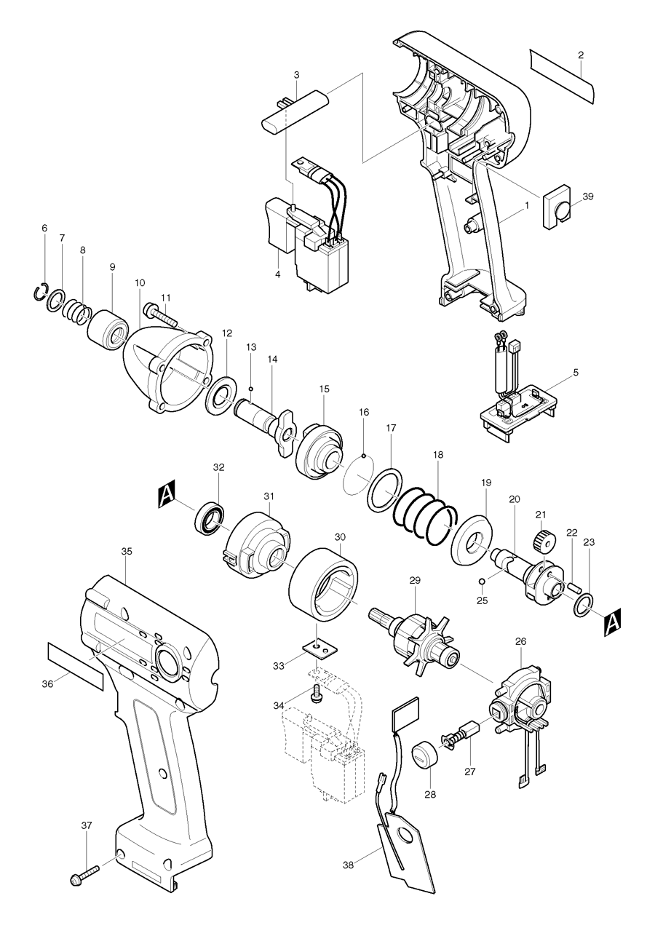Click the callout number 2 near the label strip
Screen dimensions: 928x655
(x=581, y=55)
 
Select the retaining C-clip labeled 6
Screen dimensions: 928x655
(x=41, y=292)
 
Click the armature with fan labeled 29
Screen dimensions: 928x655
(x=418, y=630)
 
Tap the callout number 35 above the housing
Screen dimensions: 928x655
(x=127, y=552)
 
